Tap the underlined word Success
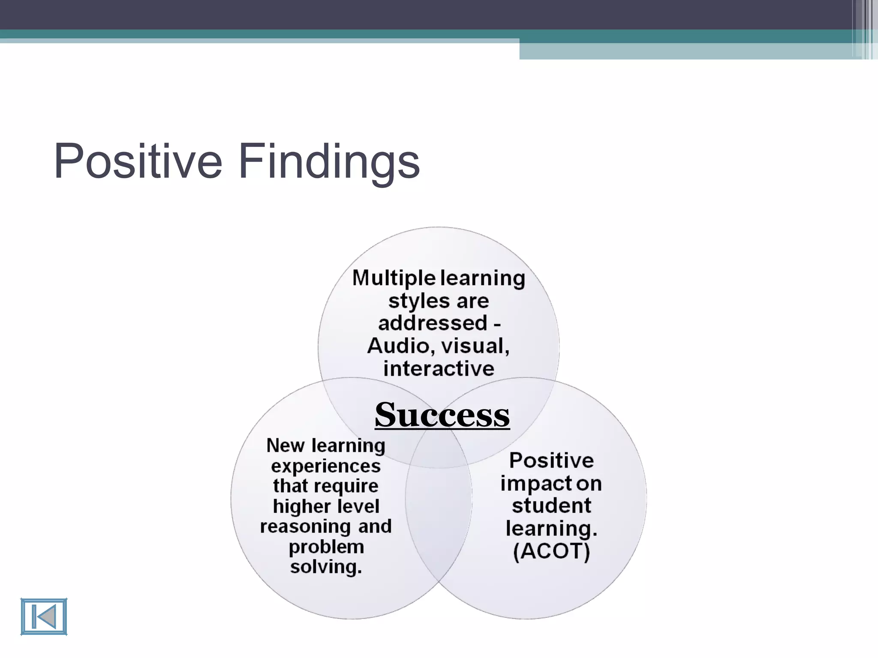442,415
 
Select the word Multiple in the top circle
394,278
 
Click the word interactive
439,369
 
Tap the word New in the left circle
285,446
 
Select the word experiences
326,466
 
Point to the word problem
326,547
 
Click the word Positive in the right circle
551,461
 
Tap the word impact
536,484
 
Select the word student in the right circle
551,506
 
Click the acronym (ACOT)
551,551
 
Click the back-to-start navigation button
44,616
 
